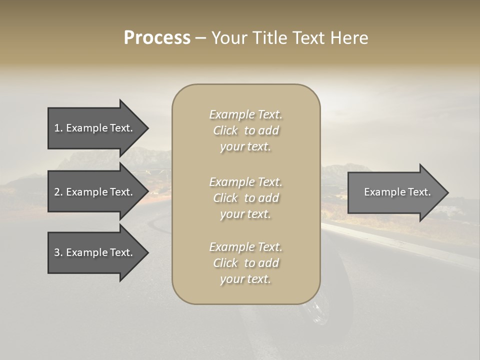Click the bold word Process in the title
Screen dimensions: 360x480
coord(157,38)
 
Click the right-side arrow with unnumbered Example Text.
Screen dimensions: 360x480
coord(395,192)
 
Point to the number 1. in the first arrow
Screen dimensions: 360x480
coord(58,128)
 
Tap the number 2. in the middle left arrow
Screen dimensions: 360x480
coord(58,192)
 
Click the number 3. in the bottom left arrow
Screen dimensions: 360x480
coord(58,252)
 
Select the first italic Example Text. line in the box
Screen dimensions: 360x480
coord(245,115)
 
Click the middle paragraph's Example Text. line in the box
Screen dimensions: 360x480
coord(245,182)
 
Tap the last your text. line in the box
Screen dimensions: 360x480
coord(245,279)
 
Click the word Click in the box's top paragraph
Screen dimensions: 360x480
coord(225,131)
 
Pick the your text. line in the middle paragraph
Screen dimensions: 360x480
coord(245,214)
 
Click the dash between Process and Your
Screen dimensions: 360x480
coord(201,38)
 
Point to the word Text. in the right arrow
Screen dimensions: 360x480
coord(417,192)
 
